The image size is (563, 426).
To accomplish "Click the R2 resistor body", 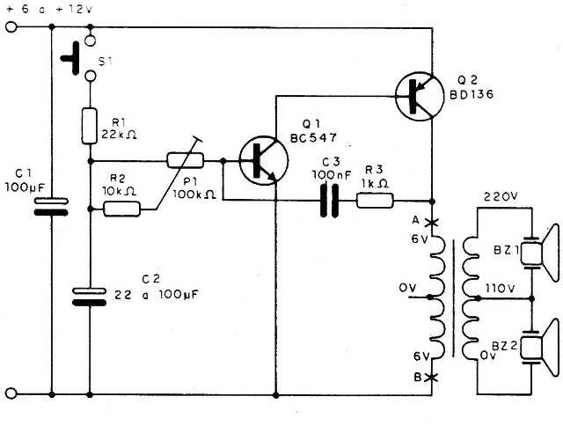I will [x=122, y=209].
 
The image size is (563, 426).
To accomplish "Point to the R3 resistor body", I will [x=375, y=200].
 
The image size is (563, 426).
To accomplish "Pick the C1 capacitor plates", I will [x=50, y=209].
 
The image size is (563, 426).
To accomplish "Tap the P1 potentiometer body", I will [x=186, y=160].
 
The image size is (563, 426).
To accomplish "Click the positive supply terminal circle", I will [x=11, y=27].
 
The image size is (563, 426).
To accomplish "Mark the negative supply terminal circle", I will [x=11, y=393].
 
